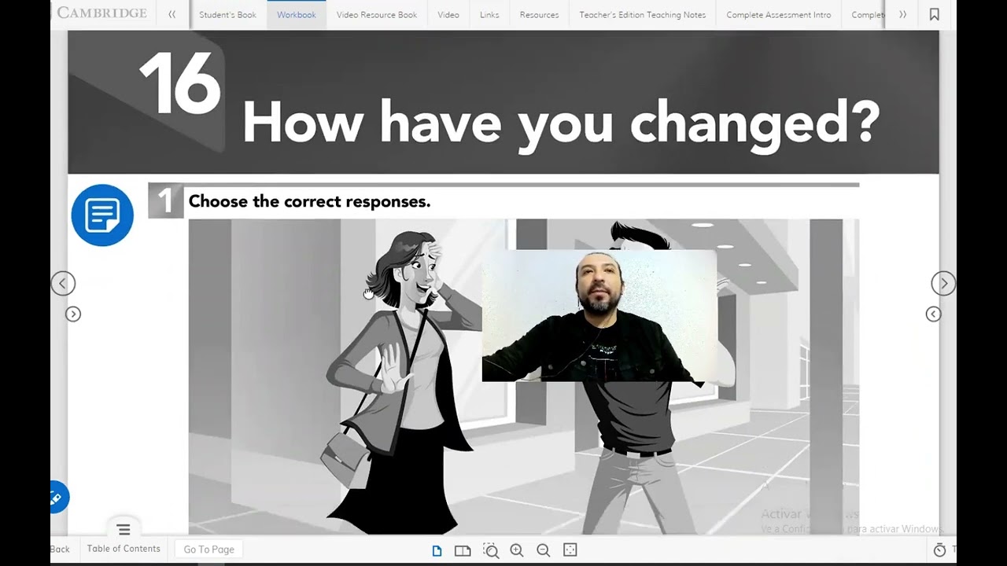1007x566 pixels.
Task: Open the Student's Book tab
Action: [x=227, y=15]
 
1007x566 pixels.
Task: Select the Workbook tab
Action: [x=296, y=15]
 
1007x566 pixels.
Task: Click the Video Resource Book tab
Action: [x=376, y=15]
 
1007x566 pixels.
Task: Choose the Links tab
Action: [x=489, y=15]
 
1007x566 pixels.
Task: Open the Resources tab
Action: [x=539, y=15]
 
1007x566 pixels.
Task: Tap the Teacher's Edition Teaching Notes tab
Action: [x=642, y=15]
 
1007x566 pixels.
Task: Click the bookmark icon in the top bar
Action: [x=934, y=15]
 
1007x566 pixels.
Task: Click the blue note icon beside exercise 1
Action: [x=102, y=215]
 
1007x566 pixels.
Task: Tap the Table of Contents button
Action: [x=124, y=549]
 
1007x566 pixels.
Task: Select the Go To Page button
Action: [x=208, y=549]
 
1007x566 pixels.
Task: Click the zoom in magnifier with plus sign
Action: [x=517, y=550]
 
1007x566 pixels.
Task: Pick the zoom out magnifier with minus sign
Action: [x=543, y=550]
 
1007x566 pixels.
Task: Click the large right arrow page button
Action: [x=943, y=284]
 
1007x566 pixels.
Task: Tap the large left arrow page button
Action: [x=63, y=284]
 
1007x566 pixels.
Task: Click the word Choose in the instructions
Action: [x=218, y=201]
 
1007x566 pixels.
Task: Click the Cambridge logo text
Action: [x=101, y=13]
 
